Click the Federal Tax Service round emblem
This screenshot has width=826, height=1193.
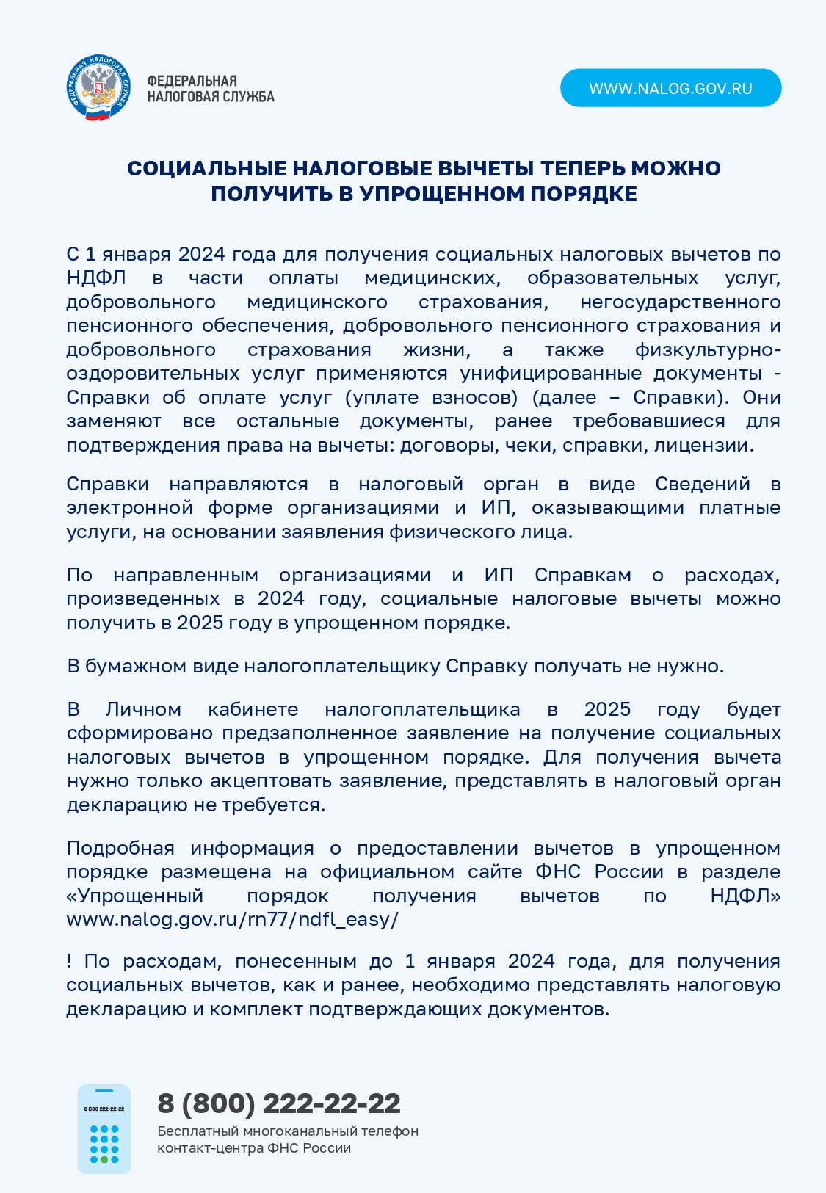(99, 88)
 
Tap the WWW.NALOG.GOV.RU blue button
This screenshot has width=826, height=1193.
(670, 88)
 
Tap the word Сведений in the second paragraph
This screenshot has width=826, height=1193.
(703, 484)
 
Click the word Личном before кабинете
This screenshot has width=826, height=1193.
(143, 709)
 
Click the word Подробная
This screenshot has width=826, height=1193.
(120, 848)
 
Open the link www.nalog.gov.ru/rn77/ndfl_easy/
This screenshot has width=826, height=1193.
(232, 919)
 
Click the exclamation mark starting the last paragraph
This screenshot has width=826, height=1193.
(69, 961)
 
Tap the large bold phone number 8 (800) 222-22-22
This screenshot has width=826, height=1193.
(279, 1103)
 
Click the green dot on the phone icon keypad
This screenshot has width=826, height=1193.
(104, 1159)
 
